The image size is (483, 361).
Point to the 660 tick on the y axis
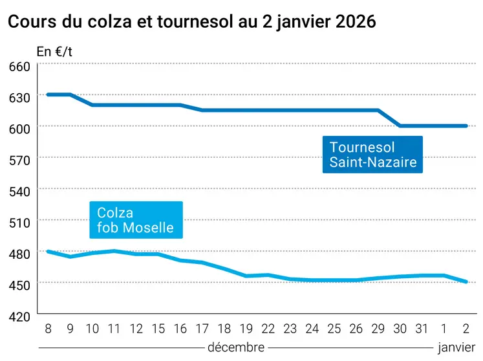(x=19, y=67)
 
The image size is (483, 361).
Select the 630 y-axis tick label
(x=19, y=98)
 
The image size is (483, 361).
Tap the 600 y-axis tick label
(x=19, y=129)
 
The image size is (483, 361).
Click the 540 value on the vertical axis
(x=19, y=192)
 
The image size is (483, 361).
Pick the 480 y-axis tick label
(x=19, y=255)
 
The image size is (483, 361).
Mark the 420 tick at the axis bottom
(x=19, y=318)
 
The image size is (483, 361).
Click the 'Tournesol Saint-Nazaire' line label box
(x=372, y=155)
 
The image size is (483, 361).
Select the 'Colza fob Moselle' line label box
(x=136, y=220)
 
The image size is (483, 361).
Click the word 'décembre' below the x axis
(x=236, y=348)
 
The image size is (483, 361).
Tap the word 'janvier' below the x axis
(x=456, y=348)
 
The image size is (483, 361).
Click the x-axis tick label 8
(x=48, y=329)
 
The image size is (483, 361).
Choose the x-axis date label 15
(x=158, y=329)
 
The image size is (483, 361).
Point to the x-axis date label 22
(x=268, y=329)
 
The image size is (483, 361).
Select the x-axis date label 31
(x=422, y=329)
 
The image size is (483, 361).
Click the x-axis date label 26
(x=356, y=329)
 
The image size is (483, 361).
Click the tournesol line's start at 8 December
(x=48, y=94)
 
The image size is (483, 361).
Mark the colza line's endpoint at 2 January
(x=466, y=281)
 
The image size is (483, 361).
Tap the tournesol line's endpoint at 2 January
(x=466, y=126)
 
